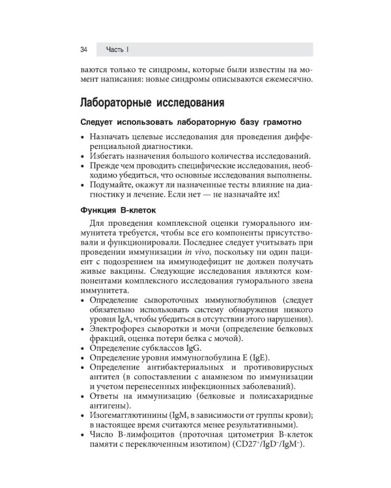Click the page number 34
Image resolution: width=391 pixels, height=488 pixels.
coord(84,49)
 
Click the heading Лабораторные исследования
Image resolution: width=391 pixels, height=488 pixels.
coord(152,103)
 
